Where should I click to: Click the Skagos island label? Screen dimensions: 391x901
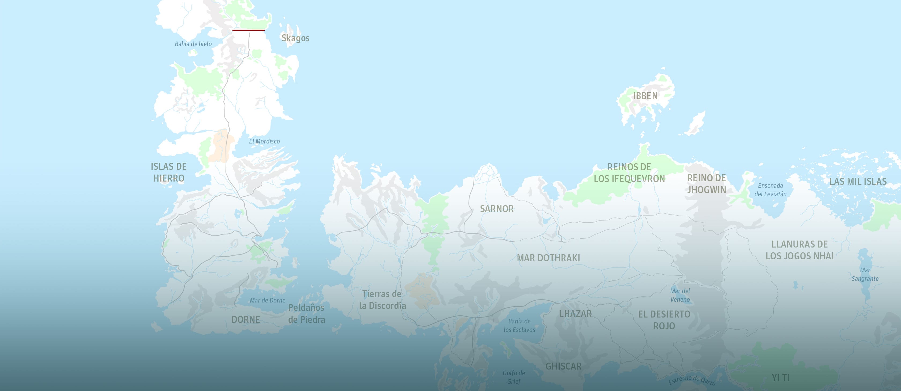pyautogui.click(x=295, y=38)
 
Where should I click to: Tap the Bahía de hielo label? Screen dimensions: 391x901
pyautogui.click(x=193, y=44)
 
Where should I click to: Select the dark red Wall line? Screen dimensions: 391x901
pyautogui.click(x=248, y=30)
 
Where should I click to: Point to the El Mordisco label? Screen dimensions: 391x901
pyautogui.click(x=264, y=141)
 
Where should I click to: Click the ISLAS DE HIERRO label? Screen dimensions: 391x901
pyautogui.click(x=169, y=172)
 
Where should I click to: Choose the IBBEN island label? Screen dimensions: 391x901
pyautogui.click(x=645, y=96)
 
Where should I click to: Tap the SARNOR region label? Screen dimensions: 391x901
pyautogui.click(x=497, y=209)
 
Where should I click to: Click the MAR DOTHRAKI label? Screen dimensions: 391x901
pyautogui.click(x=548, y=258)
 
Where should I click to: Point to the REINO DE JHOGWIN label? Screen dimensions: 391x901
pyautogui.click(x=707, y=184)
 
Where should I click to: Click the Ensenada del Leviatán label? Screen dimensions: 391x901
pyautogui.click(x=770, y=190)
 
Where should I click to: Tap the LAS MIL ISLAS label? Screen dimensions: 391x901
pyautogui.click(x=858, y=182)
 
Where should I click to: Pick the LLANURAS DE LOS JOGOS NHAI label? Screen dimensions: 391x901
pyautogui.click(x=800, y=250)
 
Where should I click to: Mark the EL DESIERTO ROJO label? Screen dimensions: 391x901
pyautogui.click(x=664, y=320)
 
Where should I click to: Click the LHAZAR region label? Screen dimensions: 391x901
pyautogui.click(x=575, y=314)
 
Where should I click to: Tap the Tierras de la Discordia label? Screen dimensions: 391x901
pyautogui.click(x=382, y=300)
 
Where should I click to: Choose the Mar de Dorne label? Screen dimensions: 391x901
pyautogui.click(x=268, y=300)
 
